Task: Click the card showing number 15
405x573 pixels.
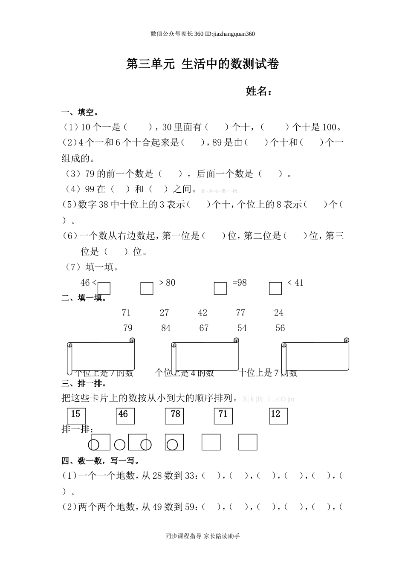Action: [x=76, y=416]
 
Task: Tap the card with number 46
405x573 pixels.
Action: [x=125, y=416]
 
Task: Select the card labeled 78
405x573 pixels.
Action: [x=174, y=416]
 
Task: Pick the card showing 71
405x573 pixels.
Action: [x=223, y=416]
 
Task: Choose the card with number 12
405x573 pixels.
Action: [x=278, y=416]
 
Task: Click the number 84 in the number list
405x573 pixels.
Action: [x=166, y=328]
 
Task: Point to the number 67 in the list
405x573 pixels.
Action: [x=204, y=328]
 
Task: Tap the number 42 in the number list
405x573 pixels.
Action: [x=202, y=313]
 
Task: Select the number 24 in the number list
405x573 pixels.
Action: [x=279, y=313]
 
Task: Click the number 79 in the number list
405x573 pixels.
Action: [x=127, y=328]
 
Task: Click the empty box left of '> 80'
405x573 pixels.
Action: [x=147, y=288]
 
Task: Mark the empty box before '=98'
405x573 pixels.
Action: [x=220, y=288]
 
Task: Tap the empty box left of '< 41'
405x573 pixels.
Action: [x=275, y=288]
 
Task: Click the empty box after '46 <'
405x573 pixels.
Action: [x=104, y=288]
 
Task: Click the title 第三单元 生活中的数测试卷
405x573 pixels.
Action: [x=202, y=64]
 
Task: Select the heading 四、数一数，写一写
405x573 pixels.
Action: [x=101, y=461]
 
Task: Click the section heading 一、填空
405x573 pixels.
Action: [x=80, y=113]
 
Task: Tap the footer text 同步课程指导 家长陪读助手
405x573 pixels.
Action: [x=202, y=536]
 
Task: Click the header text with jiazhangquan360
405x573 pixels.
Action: [x=202, y=34]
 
